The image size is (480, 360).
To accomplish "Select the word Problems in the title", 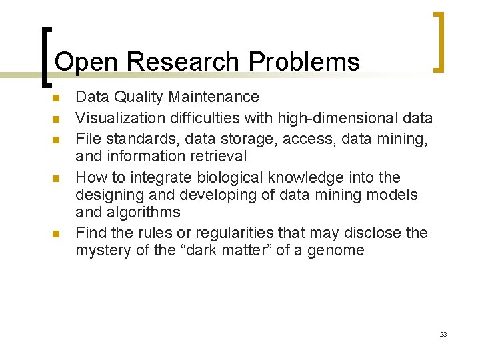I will tap(304, 62).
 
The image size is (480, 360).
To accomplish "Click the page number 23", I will tap(443, 334).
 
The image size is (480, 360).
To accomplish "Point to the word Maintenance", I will tap(213, 97).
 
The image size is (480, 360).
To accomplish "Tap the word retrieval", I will tap(217, 157).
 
